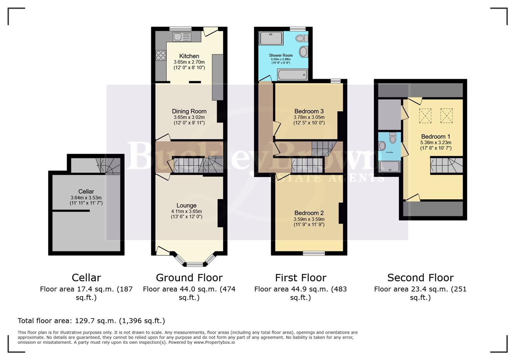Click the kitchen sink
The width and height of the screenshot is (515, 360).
point(181,37)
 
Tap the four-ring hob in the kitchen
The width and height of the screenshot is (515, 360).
point(161,55)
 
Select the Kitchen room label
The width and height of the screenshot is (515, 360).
point(189,56)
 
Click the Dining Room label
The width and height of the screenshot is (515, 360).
point(189,111)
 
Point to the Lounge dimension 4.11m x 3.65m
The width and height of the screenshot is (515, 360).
point(186,211)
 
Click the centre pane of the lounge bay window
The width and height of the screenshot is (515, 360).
point(195,265)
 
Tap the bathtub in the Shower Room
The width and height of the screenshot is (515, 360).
point(292,75)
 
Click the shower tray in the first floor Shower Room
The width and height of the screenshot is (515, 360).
point(271,38)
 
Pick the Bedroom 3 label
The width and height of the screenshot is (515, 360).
point(309,111)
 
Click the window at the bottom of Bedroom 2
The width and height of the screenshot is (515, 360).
point(314,253)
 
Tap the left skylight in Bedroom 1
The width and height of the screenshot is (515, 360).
point(425,116)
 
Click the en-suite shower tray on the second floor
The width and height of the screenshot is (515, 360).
point(390,167)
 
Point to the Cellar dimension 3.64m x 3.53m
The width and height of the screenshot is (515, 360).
point(86,198)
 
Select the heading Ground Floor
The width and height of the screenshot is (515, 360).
point(189,278)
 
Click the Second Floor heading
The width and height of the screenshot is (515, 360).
point(420,278)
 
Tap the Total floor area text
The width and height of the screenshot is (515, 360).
point(91,321)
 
